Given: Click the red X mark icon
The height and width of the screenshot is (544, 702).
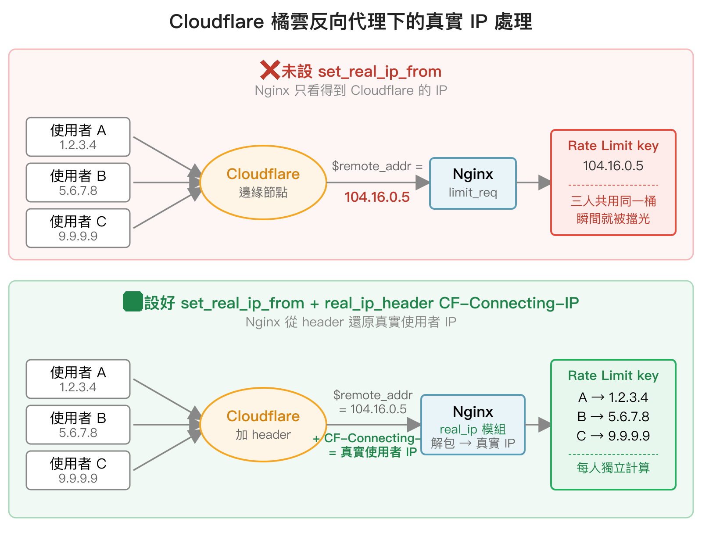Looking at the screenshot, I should (x=270, y=70).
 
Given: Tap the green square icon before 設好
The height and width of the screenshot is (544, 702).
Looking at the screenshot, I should (x=133, y=302).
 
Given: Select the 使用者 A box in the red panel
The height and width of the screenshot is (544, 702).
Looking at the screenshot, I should (x=78, y=137).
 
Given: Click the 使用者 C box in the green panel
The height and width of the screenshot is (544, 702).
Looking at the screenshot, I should (x=78, y=470).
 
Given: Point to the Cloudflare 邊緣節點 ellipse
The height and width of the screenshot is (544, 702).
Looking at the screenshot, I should (x=263, y=183).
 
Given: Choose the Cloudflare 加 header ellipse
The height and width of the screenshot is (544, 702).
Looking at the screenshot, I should (x=263, y=425).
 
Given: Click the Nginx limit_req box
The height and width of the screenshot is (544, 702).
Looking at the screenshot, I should (x=473, y=183).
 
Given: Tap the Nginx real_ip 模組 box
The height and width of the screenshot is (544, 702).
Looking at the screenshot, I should (x=473, y=425).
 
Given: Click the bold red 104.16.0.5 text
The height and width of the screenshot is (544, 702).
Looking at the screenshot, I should (x=377, y=197).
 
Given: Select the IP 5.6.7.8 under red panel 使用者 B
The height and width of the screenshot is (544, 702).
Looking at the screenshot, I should (x=78, y=191).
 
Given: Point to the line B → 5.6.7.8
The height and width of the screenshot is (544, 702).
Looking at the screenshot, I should (x=613, y=417).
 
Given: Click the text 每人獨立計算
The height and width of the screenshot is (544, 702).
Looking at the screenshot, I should (x=613, y=468).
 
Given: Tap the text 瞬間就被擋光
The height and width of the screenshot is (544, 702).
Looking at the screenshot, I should (x=613, y=218).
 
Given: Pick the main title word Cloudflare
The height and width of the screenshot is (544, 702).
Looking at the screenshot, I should (x=216, y=22).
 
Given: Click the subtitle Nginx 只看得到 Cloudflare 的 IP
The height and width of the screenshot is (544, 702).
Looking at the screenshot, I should (x=351, y=90).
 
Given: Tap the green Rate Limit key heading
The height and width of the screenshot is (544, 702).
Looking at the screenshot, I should (x=613, y=376).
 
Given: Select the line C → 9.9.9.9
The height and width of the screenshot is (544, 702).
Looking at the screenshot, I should (x=613, y=436).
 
